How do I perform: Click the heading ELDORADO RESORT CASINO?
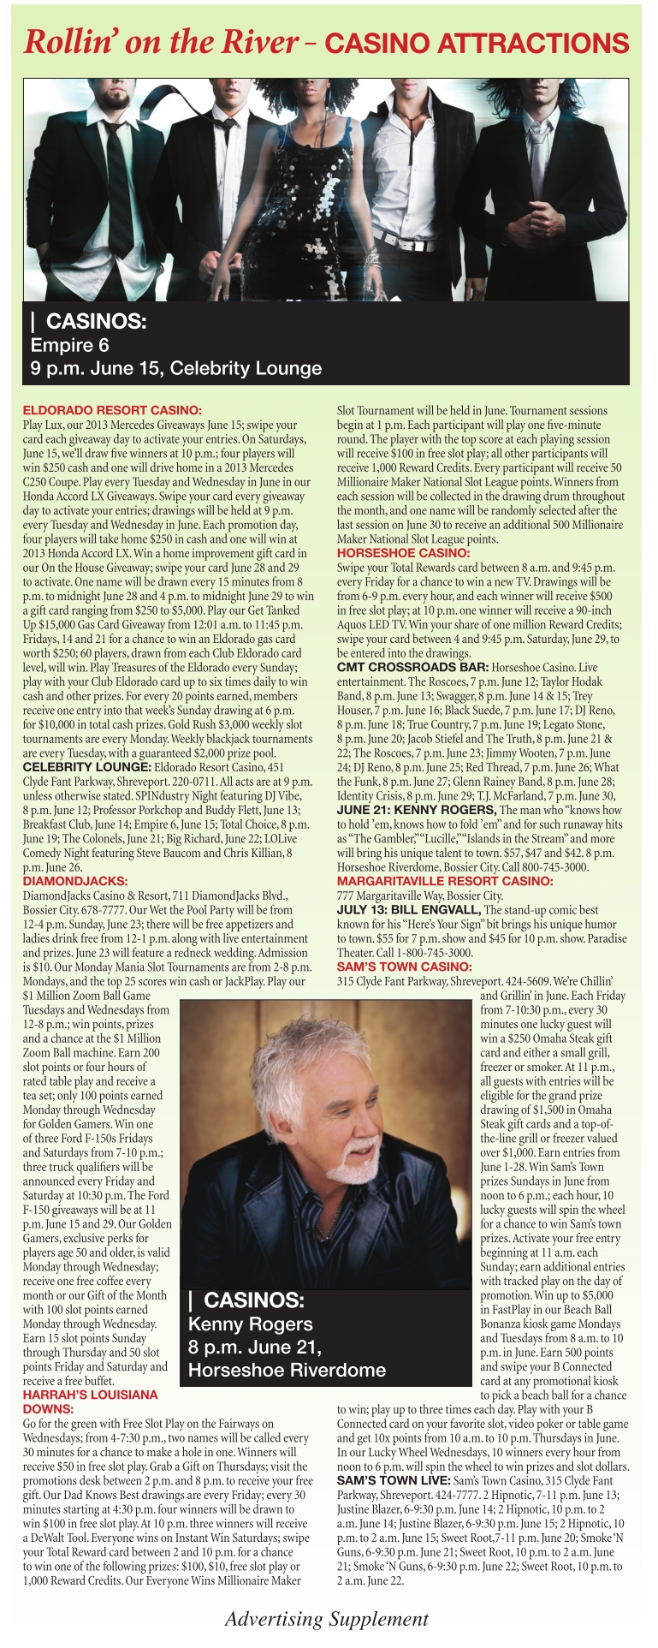pyautogui.click(x=112, y=410)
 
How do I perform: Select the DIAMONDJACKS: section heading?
pyautogui.click(x=75, y=880)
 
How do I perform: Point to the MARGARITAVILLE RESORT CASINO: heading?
pyautogui.click(x=445, y=880)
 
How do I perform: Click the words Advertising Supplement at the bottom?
pyautogui.click(x=326, y=1619)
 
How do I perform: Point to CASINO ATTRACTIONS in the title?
pyautogui.click(x=477, y=43)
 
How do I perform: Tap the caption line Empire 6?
pyautogui.click(x=70, y=345)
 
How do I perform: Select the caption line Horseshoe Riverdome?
pyautogui.click(x=287, y=1370)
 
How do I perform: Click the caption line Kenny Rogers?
pyautogui.click(x=250, y=1324)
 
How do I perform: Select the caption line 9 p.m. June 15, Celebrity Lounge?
pyautogui.click(x=176, y=368)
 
